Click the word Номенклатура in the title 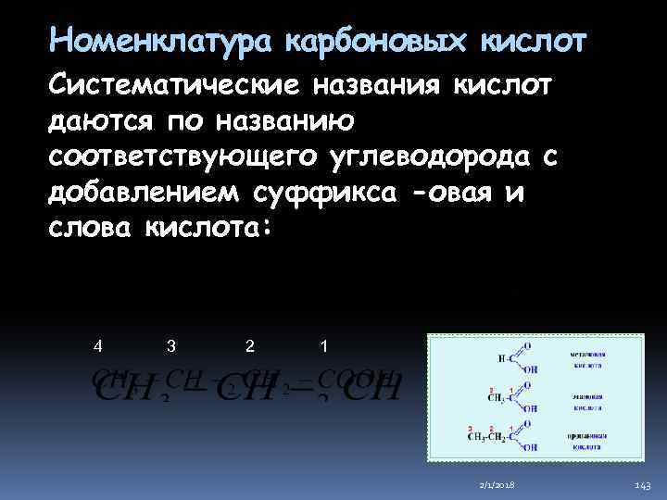[x=159, y=42]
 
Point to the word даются [x=100, y=121]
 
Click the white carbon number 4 [x=98, y=346]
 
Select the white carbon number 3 [x=171, y=346]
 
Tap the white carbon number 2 [x=249, y=346]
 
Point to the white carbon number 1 [x=321, y=346]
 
